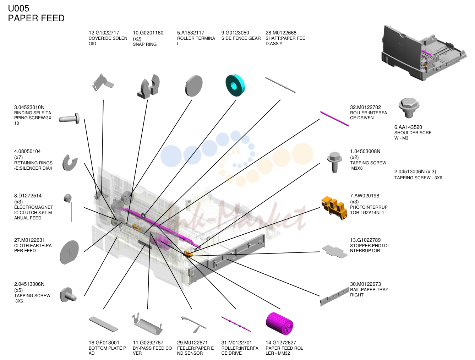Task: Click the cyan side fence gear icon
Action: coord(235,86)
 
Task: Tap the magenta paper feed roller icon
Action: coord(279,324)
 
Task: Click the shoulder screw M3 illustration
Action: coord(409,108)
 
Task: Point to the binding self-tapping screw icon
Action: coord(69,118)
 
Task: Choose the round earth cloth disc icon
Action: coord(69,252)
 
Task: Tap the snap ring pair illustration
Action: coord(148,86)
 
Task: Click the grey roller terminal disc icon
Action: coord(194,86)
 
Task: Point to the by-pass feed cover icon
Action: coord(148,324)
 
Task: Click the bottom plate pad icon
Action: coord(103,324)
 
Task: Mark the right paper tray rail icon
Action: coord(334,296)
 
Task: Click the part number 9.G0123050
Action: coord(235,33)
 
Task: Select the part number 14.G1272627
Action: coord(281,343)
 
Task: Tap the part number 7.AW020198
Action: coord(365,196)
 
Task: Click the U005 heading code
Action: coord(18,9)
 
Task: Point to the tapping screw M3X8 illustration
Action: coord(334,162)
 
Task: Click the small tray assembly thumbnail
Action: coord(424,53)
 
